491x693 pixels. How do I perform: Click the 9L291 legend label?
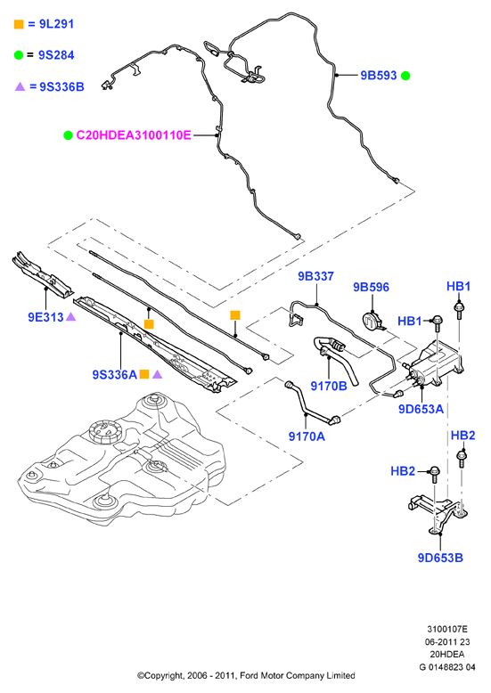56,24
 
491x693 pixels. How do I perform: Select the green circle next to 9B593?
405,76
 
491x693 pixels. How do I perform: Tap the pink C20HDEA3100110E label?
134,135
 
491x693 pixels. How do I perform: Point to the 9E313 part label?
45,317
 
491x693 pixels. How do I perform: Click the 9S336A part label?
115,375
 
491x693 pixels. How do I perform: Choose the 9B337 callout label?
315,276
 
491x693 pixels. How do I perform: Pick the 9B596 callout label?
371,288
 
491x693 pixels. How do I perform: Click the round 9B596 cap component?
371,321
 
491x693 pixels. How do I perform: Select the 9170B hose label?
329,386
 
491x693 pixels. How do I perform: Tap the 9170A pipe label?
307,436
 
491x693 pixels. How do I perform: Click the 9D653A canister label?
421,409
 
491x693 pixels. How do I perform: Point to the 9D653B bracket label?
440,558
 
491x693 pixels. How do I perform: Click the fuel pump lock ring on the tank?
104,431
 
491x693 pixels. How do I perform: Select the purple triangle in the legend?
20,86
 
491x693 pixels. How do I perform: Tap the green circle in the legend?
18,55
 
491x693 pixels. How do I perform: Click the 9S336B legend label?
61,86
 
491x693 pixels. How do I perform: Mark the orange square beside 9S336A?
144,374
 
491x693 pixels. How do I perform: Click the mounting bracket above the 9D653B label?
437,512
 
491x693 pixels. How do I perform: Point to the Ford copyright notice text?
246,675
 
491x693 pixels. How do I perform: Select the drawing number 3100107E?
447,629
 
